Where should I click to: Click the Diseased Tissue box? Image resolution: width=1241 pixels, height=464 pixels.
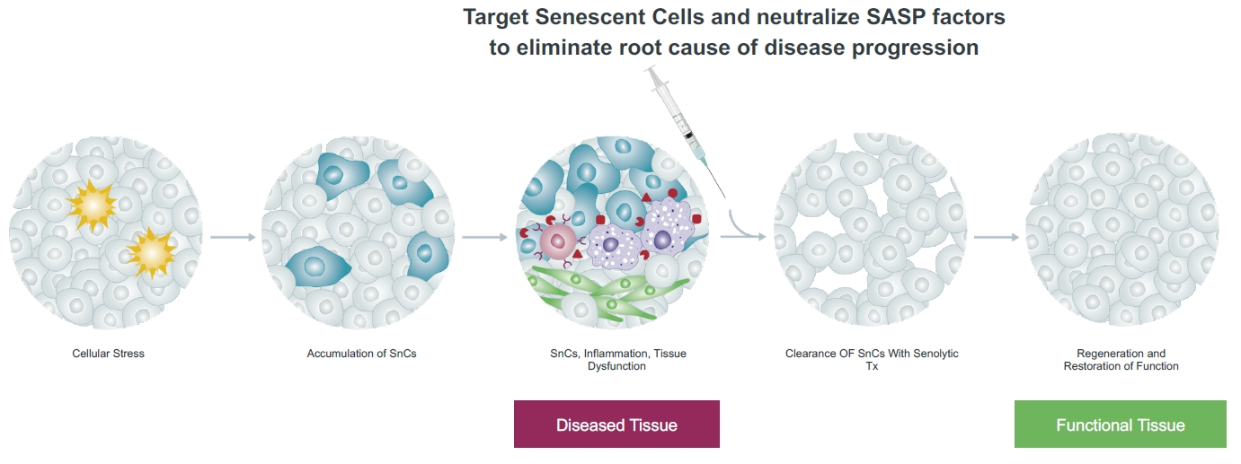[x=616, y=425]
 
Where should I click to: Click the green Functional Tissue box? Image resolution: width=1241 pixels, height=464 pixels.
[x=1121, y=425]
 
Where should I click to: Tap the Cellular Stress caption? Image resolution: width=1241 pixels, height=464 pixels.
[x=108, y=354]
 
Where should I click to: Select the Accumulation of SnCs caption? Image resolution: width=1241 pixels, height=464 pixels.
[x=362, y=354]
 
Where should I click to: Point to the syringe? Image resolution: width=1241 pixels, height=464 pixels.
[x=685, y=131]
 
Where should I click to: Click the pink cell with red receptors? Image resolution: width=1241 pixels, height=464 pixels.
[x=558, y=241]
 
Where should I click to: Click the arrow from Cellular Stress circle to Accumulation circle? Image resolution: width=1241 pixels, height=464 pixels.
[x=233, y=237]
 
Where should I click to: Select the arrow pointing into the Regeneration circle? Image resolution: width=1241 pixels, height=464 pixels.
[x=996, y=237]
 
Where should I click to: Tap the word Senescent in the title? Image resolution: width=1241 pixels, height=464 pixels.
[x=589, y=17]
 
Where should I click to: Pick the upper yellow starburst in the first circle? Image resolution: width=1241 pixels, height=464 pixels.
[x=93, y=205]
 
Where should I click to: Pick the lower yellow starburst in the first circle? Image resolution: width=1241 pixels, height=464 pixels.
[x=152, y=253]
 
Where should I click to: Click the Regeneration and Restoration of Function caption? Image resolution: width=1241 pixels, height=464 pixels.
[x=1121, y=360]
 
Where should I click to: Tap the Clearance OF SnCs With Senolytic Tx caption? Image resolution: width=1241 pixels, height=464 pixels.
[x=872, y=360]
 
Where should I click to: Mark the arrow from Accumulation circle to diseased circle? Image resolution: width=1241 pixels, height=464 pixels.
[x=484, y=237]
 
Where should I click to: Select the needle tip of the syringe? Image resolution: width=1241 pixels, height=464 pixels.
[x=724, y=197]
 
